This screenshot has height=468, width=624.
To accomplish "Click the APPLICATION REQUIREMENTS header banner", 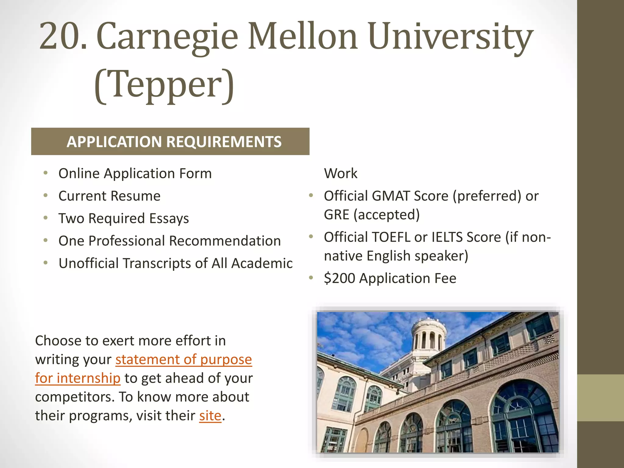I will pyautogui.click(x=170, y=141).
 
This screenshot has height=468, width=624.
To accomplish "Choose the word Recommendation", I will pyautogui.click(x=225, y=241).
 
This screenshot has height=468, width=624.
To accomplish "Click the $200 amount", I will pyautogui.click(x=339, y=278).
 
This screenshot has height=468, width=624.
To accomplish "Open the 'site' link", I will pyautogui.click(x=210, y=416).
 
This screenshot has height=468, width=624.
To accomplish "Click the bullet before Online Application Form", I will pyautogui.click(x=46, y=173).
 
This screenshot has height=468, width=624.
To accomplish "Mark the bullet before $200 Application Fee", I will pyautogui.click(x=311, y=278).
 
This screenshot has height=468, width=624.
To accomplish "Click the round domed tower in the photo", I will pyautogui.click(x=429, y=335).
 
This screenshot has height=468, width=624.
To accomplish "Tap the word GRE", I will pyautogui.click(x=336, y=215).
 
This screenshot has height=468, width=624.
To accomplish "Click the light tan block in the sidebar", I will pyautogui.click(x=600, y=398).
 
